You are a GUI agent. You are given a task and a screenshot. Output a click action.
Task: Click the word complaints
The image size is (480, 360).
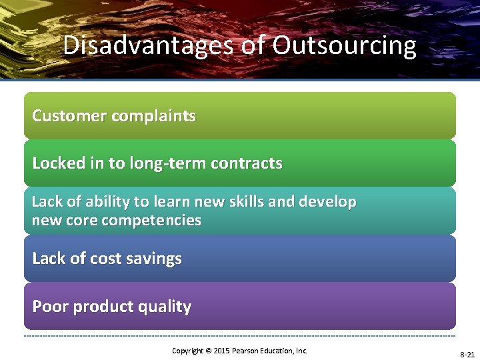click(x=153, y=116)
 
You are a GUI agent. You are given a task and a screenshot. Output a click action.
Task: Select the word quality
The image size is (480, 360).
click(x=167, y=307)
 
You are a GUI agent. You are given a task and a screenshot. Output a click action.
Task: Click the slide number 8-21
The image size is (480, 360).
click(x=467, y=355)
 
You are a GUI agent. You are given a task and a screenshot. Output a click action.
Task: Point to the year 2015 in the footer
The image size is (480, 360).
click(x=220, y=351)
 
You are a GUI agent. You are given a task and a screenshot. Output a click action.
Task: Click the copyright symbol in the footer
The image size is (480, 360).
click(x=207, y=351)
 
